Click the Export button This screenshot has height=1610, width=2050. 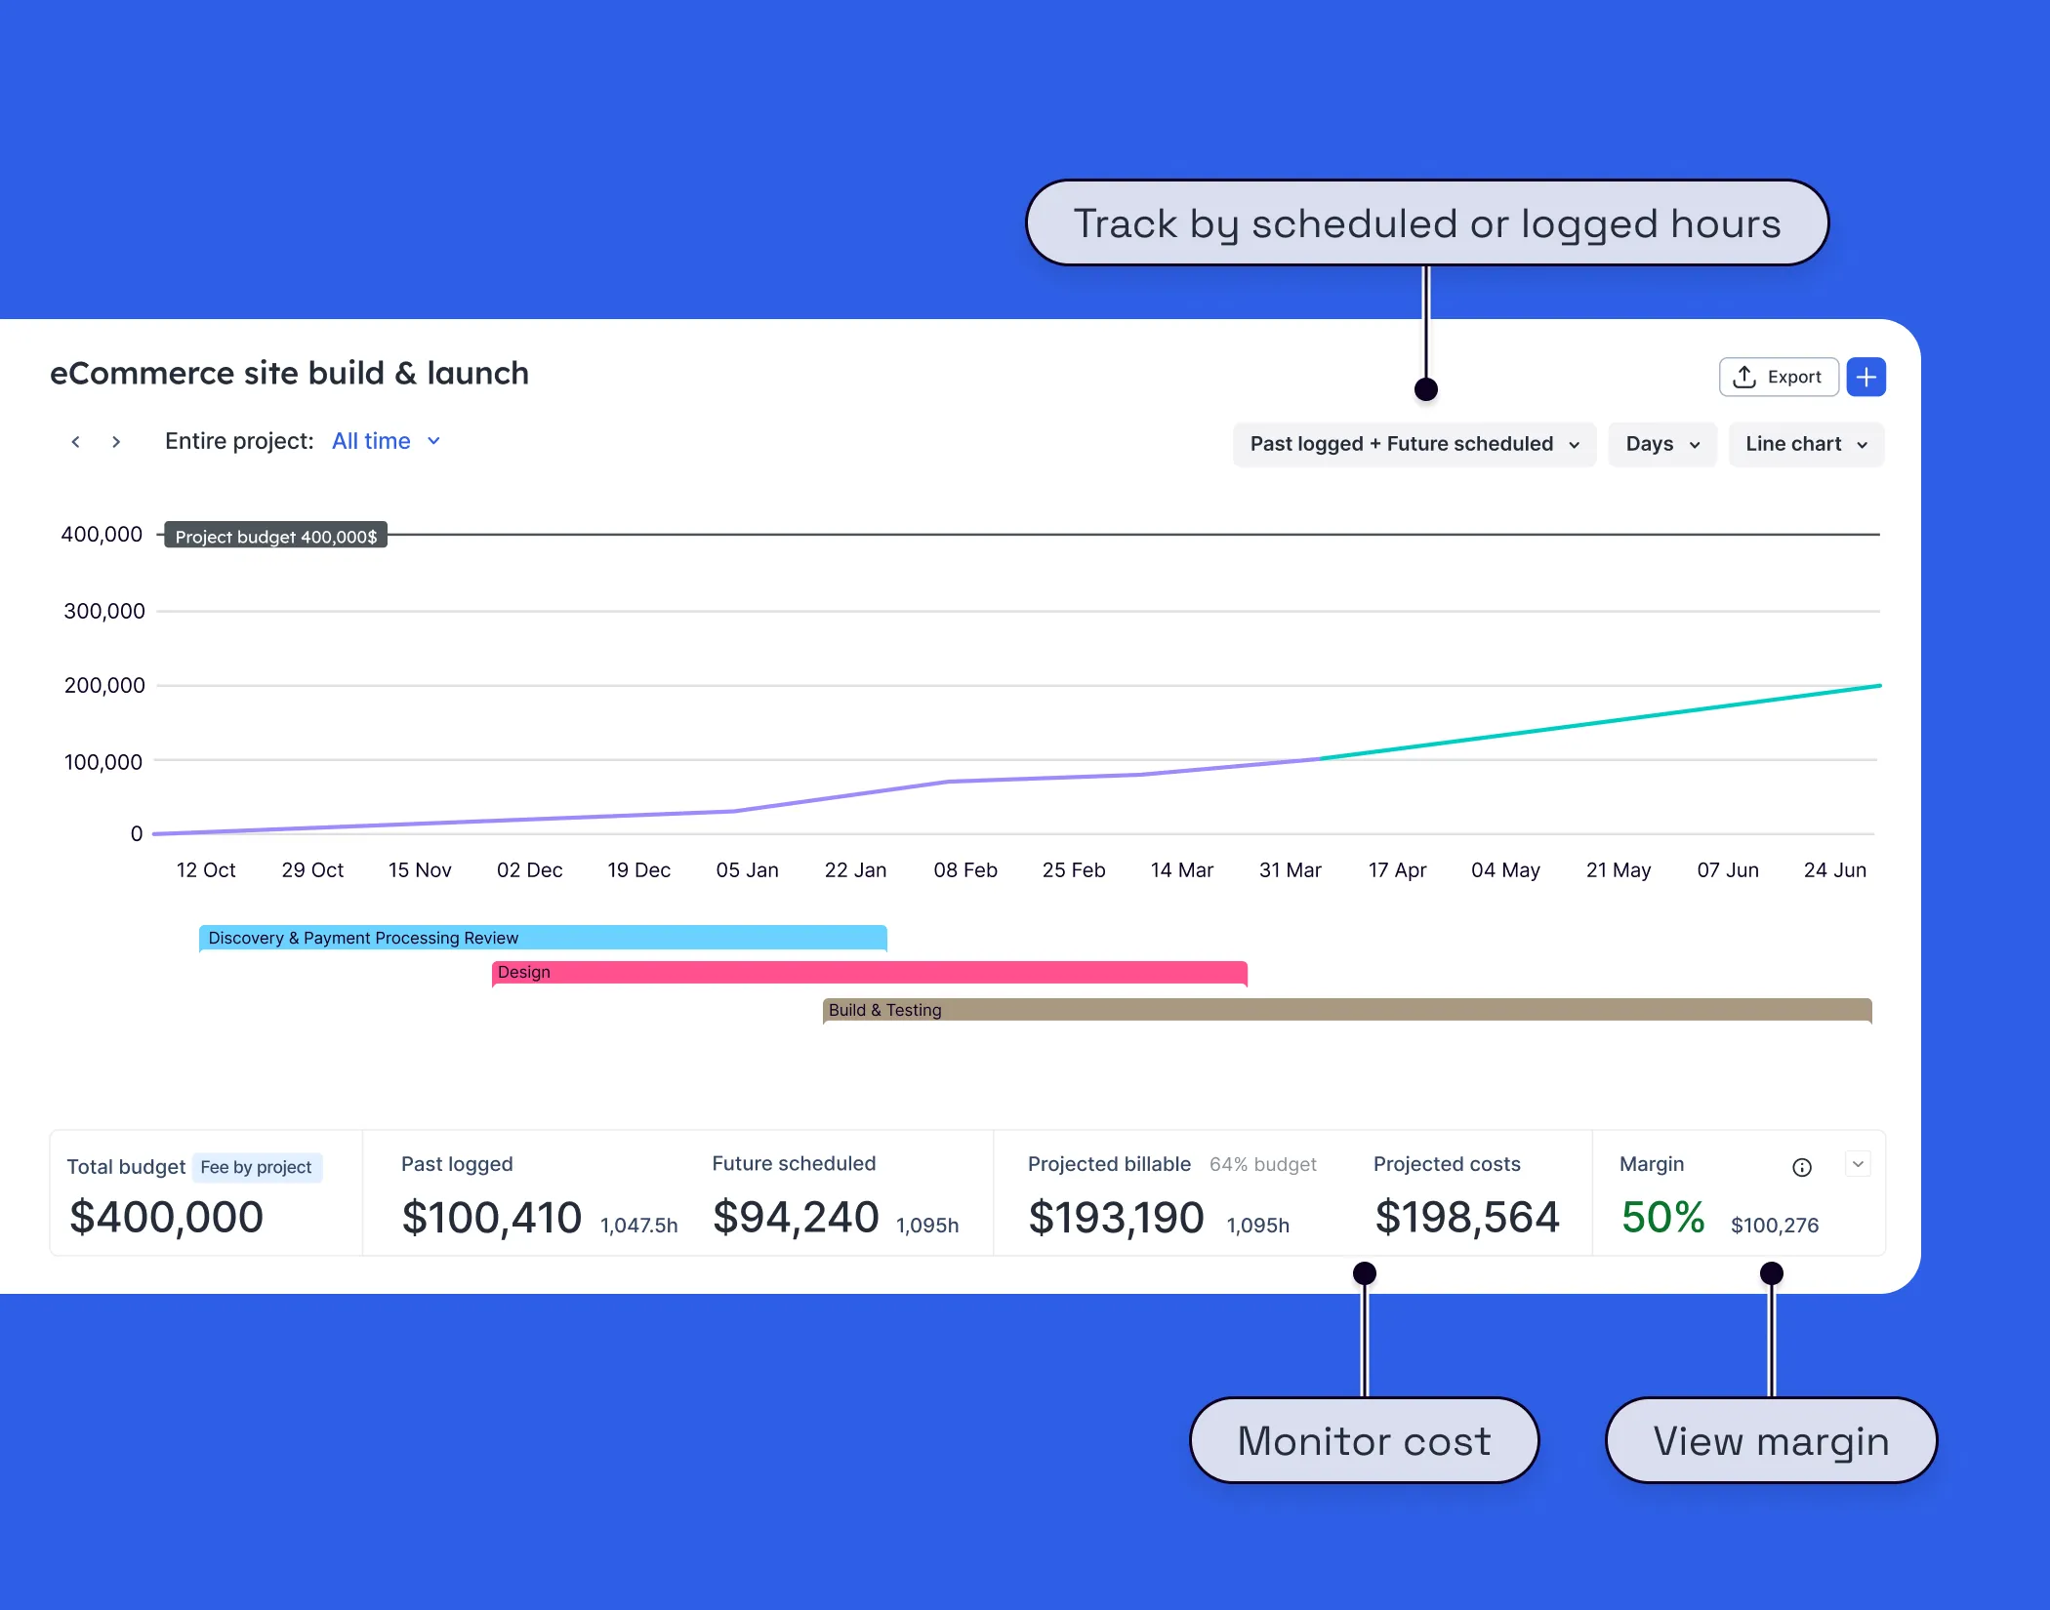1778,377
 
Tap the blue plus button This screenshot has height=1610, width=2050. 1865,377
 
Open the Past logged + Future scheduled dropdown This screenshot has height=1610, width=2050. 1414,444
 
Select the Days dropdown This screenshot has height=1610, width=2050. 1661,444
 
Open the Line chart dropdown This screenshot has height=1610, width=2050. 1805,444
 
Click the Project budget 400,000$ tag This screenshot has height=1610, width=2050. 275,536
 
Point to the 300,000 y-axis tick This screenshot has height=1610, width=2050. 103,611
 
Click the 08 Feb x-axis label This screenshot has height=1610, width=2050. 964,869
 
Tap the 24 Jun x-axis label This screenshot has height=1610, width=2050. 1834,869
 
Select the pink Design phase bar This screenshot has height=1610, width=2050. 869,972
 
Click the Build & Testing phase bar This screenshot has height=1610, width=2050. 1347,1009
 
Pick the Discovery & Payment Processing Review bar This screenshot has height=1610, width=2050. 543,937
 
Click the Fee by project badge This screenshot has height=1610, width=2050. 256,1167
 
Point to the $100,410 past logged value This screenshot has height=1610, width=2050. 491,1217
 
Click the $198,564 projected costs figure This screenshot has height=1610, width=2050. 1466,1217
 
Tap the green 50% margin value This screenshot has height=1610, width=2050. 1661,1217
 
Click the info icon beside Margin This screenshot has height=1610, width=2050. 1801,1167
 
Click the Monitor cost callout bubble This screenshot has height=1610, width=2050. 1364,1440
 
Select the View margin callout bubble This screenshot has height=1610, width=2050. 1770,1440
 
